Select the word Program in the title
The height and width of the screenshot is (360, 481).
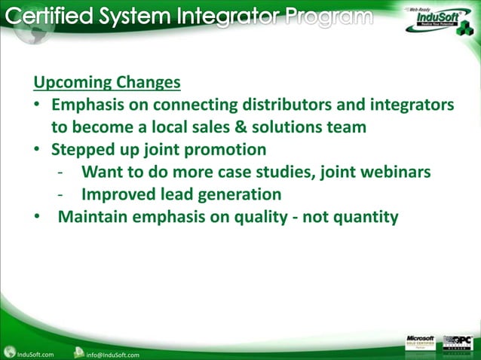point(326,17)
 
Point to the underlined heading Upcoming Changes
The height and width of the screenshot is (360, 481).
point(107,81)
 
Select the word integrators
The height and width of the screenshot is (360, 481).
point(412,104)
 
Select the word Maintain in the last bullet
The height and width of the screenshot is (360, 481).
point(93,217)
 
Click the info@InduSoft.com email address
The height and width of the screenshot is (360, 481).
point(113,352)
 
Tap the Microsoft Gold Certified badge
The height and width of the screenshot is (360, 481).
point(420,343)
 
